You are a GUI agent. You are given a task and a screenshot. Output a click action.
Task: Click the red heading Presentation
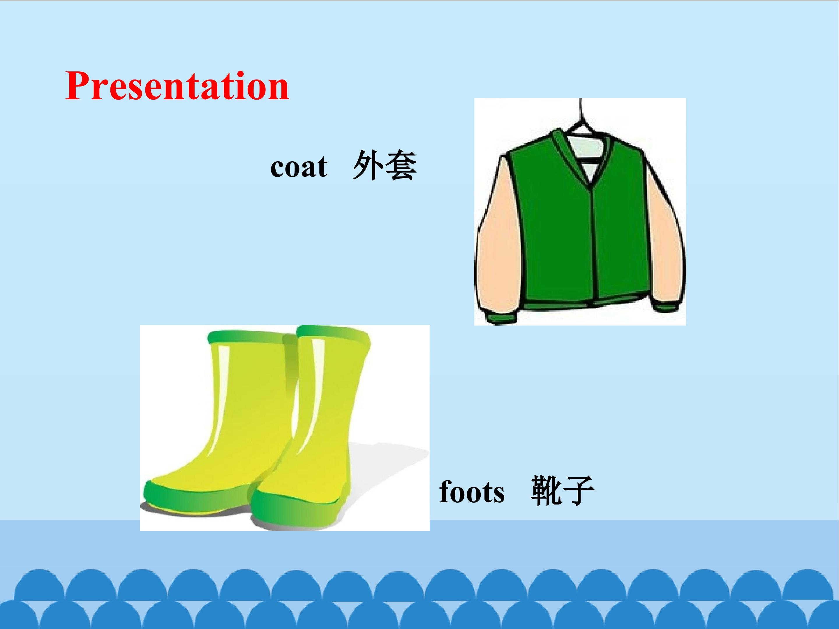tap(177, 86)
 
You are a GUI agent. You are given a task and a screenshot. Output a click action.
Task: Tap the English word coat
tap(299, 167)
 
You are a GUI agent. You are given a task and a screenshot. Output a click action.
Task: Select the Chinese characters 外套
tap(385, 165)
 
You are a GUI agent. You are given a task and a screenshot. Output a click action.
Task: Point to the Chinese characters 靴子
tap(563, 491)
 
